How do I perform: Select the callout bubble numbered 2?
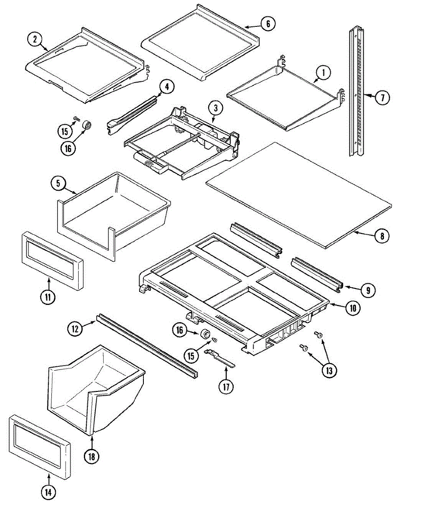[x=35, y=40]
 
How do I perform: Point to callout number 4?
[x=167, y=86]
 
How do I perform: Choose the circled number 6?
[x=268, y=24]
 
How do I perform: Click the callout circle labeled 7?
[x=382, y=97]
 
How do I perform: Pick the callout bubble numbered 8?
[x=382, y=236]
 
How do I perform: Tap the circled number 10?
[x=353, y=308]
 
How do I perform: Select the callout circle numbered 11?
[x=48, y=297]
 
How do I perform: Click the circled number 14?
[x=49, y=491]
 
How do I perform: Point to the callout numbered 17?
[x=225, y=386]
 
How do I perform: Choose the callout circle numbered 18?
[x=92, y=456]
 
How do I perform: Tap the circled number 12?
[x=76, y=329]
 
